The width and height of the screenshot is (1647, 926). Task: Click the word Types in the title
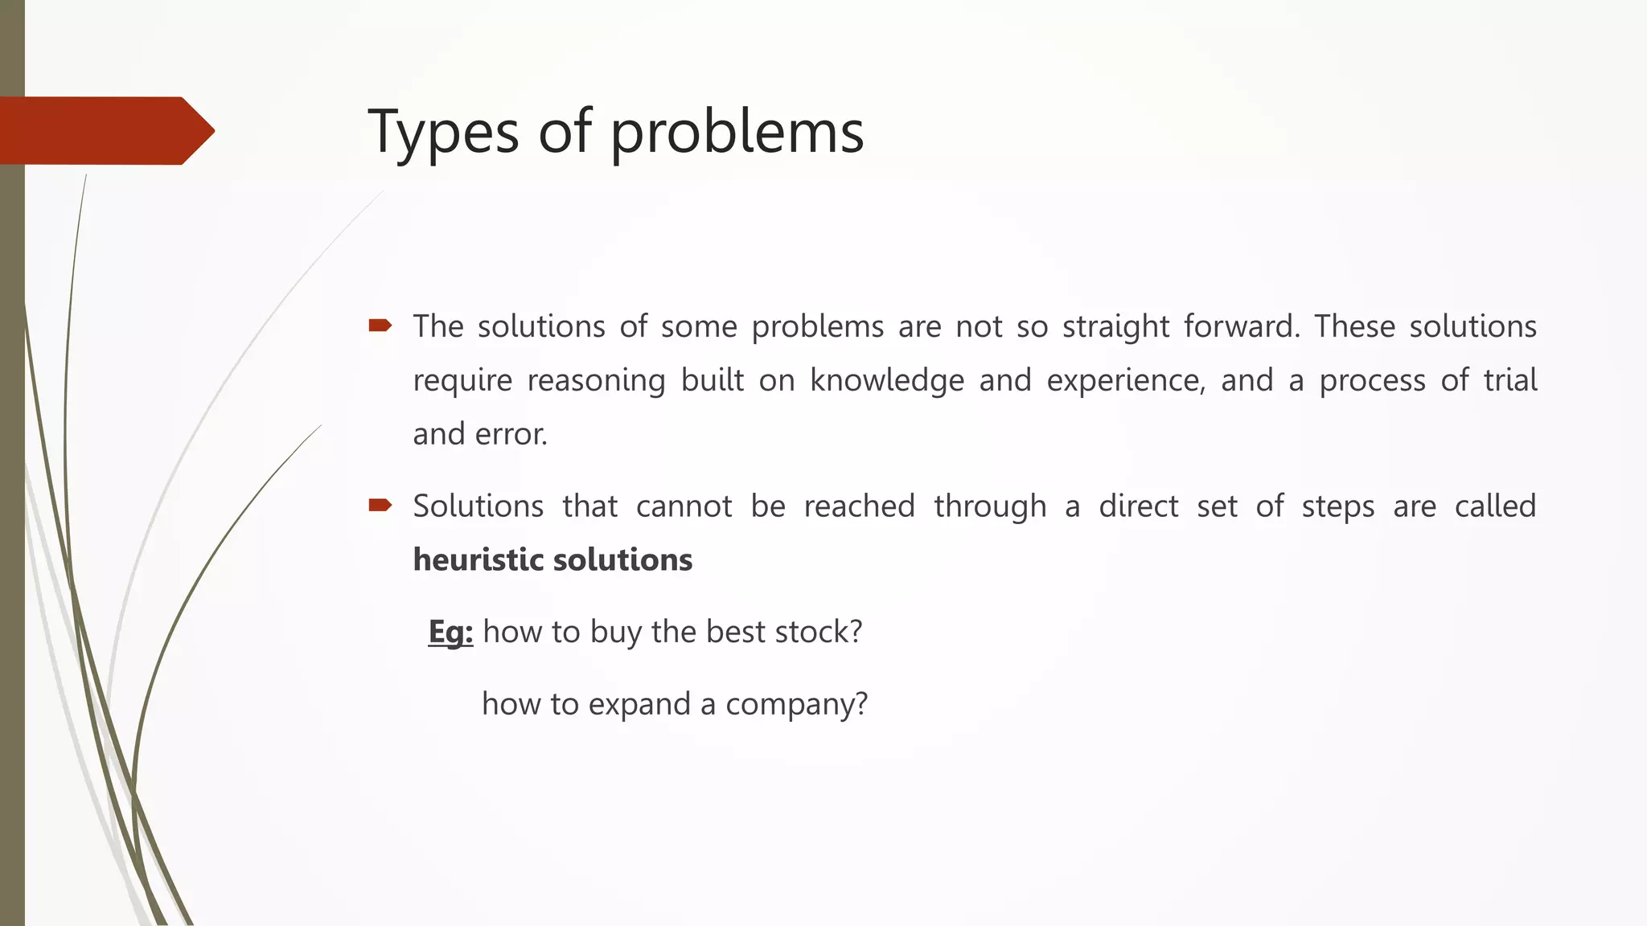pyautogui.click(x=443, y=132)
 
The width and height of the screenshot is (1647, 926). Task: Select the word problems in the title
pyautogui.click(x=737, y=132)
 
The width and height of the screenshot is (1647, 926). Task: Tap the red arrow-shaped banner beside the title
pyautogui.click(x=105, y=130)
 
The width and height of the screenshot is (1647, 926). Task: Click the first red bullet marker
pyautogui.click(x=380, y=326)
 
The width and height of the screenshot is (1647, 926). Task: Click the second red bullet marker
pyautogui.click(x=380, y=505)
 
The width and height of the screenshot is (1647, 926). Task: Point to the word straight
pyautogui.click(x=1115, y=327)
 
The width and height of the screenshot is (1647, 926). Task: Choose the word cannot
pyautogui.click(x=684, y=506)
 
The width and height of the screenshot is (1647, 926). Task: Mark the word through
pyautogui.click(x=990, y=506)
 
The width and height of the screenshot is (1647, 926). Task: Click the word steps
pyautogui.click(x=1337, y=506)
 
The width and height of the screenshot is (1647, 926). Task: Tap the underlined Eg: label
pyautogui.click(x=450, y=633)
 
